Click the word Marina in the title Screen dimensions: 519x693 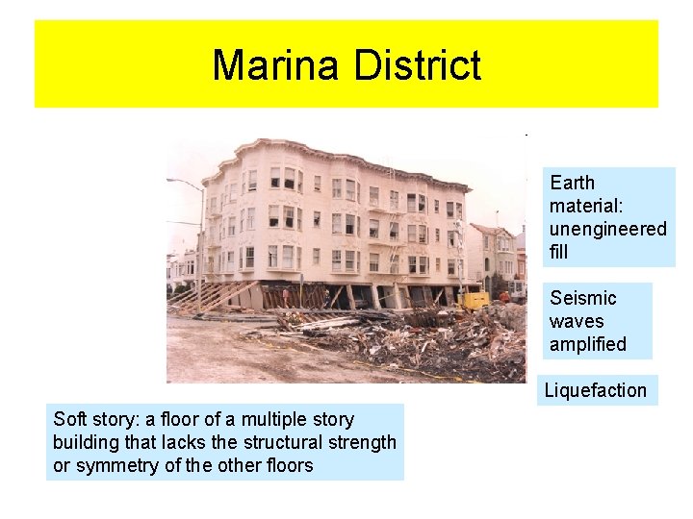click(x=277, y=65)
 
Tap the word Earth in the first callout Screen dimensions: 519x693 click(x=573, y=183)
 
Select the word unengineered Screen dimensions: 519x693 click(x=607, y=229)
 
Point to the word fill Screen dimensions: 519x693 click(x=558, y=252)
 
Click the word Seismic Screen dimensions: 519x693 click(x=583, y=298)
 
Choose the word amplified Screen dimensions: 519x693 click(x=587, y=344)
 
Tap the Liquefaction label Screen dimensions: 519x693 click(x=596, y=390)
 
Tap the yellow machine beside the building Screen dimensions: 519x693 click(x=475, y=300)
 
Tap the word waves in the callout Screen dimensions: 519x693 click(x=577, y=321)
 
